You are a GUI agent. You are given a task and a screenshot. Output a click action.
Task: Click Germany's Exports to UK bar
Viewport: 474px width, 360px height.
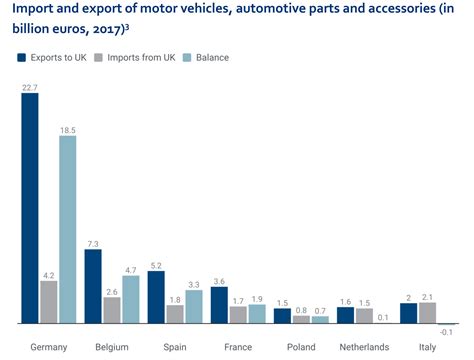30,210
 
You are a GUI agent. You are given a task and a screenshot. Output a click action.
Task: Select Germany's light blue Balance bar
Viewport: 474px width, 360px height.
68,230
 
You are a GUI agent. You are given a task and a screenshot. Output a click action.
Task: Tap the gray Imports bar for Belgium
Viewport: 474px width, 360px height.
112,311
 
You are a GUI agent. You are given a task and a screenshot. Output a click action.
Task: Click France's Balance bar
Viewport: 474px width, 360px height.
257,314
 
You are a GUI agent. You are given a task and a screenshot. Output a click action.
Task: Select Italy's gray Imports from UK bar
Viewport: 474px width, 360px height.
428,313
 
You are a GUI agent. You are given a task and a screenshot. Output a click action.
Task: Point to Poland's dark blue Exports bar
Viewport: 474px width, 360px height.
282,316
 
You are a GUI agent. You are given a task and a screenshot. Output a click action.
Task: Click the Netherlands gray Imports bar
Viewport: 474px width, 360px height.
365,316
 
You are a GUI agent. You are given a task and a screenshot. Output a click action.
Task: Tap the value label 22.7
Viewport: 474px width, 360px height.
30,88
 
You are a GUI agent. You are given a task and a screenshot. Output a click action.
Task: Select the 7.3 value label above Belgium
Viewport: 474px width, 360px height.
93,243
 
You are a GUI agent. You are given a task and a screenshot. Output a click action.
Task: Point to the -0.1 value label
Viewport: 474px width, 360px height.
446,332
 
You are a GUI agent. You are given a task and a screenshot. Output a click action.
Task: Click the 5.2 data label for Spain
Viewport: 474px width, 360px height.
156,264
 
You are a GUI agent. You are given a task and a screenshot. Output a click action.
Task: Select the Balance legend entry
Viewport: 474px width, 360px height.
208,57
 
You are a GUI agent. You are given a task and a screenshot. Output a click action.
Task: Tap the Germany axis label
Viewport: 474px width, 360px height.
49,346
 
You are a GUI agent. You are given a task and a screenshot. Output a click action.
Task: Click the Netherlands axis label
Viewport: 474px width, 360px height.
365,346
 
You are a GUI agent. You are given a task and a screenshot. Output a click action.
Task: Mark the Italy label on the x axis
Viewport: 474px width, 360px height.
428,346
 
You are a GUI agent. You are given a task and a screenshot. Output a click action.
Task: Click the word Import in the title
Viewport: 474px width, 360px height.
34,11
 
